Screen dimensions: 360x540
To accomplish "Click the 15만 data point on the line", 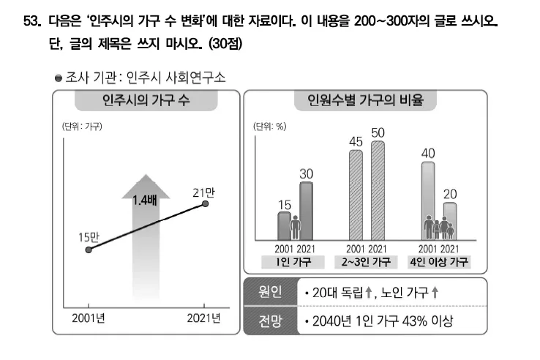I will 89,249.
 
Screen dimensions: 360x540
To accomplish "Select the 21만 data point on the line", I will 206,204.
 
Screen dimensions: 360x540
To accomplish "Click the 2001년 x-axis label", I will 89,318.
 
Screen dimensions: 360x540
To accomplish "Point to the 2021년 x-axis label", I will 204,318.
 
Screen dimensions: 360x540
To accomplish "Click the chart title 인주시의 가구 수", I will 146,101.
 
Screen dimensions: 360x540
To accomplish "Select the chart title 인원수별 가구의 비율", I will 366,101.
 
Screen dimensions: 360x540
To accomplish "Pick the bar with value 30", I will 306,210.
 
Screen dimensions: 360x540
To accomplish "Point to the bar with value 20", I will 450,220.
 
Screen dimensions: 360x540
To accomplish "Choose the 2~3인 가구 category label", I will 367,262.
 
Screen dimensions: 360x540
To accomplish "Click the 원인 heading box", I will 270,292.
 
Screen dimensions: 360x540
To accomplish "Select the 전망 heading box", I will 270,320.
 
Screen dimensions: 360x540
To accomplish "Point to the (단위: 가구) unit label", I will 80,127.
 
